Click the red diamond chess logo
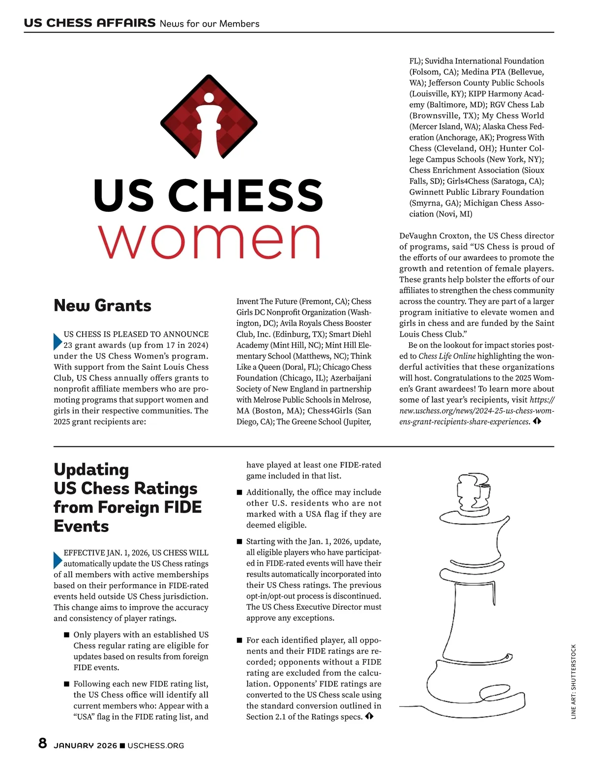tap(209, 117)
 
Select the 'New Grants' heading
tap(102, 305)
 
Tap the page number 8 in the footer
tap(43, 743)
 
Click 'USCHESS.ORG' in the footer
tap(156, 746)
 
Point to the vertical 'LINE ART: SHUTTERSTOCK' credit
tap(573, 681)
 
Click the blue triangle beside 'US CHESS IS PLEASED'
tap(58, 341)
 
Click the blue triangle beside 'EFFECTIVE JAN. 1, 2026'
tap(58, 560)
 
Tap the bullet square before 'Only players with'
tap(67, 635)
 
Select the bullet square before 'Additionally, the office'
tap(239, 492)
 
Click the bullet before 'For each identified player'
tap(239, 640)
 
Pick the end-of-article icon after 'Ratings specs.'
tap(369, 716)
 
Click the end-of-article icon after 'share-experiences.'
tap(537, 421)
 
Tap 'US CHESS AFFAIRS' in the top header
tap(89, 23)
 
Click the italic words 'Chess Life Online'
tap(447, 356)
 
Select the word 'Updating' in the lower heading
tap(91, 470)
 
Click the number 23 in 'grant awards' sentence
tap(68, 345)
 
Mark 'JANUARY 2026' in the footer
tap(86, 746)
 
